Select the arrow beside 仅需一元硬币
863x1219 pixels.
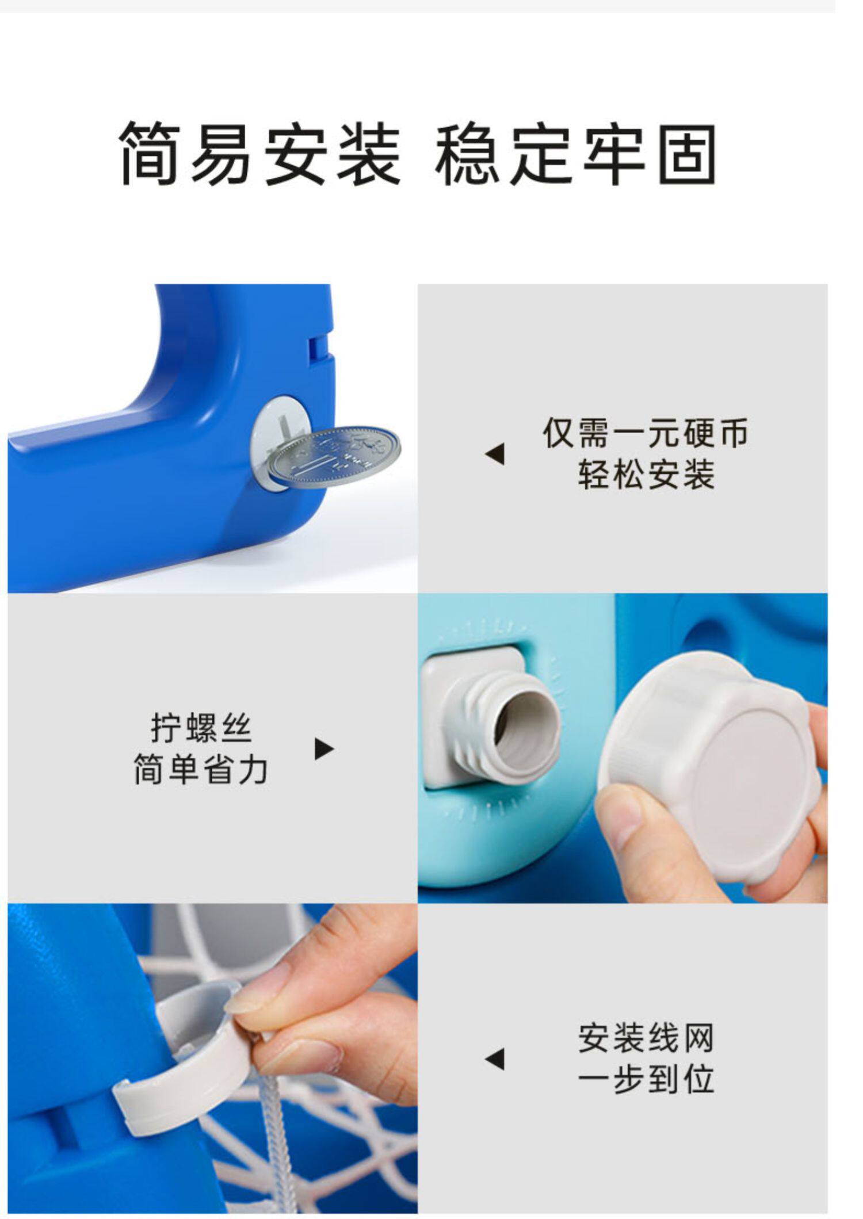[x=494, y=454]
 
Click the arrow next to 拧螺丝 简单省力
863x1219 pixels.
[x=324, y=748]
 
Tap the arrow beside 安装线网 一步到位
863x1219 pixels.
[x=494, y=1060]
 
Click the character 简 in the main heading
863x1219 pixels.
[x=148, y=153]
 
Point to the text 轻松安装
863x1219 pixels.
[x=646, y=475]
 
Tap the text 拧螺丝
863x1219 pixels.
[x=201, y=728]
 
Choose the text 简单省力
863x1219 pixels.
[x=201, y=769]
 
